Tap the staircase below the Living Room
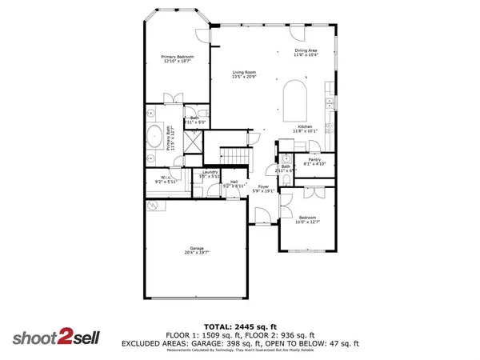coord(231,155)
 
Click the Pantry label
coord(314,161)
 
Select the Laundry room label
coord(210,174)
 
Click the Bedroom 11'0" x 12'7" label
coord(308,219)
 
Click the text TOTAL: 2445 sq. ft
coord(241,327)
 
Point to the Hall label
coord(234,184)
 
